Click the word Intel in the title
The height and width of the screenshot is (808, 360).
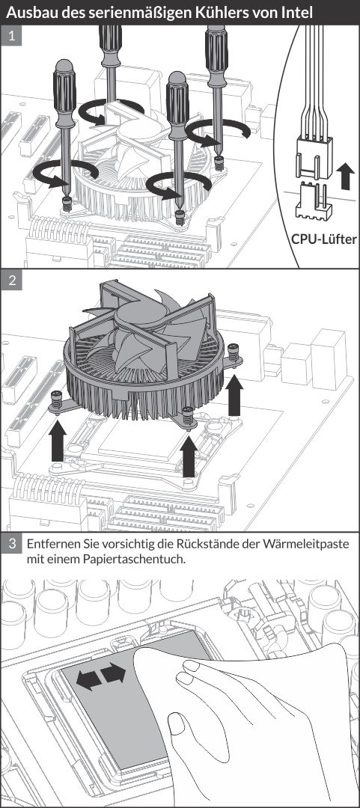click(x=296, y=13)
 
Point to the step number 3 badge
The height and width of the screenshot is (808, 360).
click(x=11, y=544)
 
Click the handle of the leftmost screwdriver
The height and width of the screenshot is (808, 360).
click(x=64, y=94)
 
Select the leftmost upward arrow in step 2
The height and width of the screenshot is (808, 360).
click(x=57, y=440)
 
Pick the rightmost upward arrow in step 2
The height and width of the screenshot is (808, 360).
click(x=235, y=395)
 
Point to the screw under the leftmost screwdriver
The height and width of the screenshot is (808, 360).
click(x=67, y=204)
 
